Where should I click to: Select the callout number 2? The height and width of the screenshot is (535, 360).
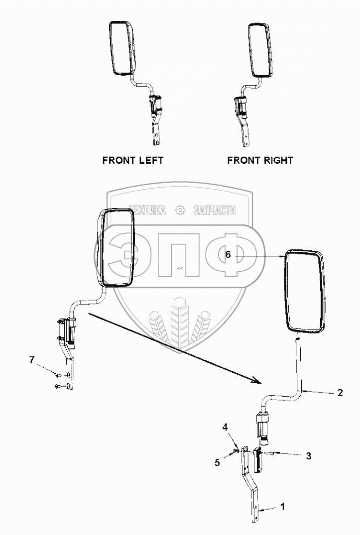tap(340, 393)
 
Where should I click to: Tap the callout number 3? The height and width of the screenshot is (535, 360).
tap(308, 455)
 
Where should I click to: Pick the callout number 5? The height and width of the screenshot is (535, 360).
tap(217, 462)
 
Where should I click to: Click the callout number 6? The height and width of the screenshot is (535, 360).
tap(228, 254)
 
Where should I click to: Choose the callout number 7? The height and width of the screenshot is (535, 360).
tap(32, 360)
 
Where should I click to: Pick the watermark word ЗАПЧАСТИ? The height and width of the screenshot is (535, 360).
tap(215, 211)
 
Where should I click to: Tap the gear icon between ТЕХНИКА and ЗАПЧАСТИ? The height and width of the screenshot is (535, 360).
tap(180, 211)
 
